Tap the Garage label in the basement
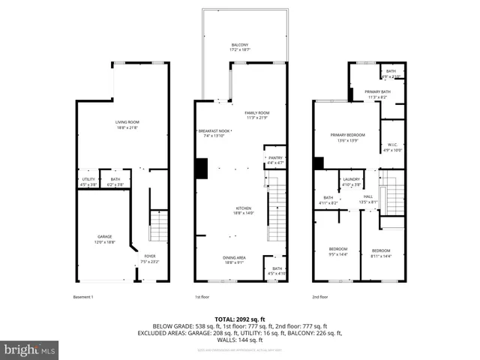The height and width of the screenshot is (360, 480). point(104,239)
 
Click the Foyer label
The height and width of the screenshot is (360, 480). point(150,258)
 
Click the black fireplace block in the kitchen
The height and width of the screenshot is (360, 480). point(201,169)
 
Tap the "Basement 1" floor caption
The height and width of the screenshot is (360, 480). point(83,297)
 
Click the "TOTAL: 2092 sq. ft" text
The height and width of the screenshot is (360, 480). point(240,319)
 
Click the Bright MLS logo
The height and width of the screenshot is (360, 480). point(30,349)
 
